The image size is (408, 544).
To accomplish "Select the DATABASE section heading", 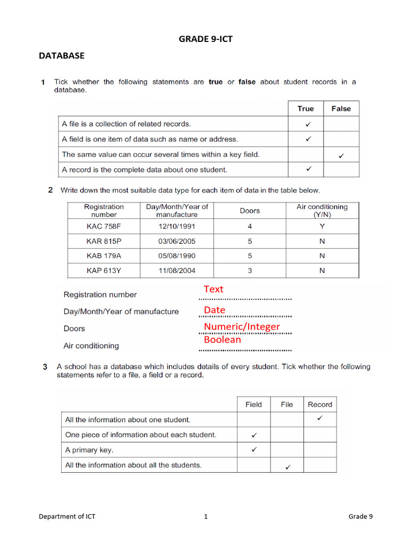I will [62, 55].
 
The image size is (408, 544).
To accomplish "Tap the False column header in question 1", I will [341, 108].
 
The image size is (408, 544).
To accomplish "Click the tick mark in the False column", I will [341, 156].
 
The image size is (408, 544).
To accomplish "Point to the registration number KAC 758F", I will [104, 226].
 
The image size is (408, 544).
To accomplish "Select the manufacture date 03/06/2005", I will [177, 241].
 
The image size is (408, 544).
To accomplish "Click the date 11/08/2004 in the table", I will [177, 270].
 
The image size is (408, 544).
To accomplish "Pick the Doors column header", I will [250, 210].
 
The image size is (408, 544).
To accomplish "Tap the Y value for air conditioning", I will [322, 226].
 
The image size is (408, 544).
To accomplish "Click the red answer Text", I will [214, 290].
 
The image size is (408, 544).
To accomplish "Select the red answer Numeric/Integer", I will [242, 326].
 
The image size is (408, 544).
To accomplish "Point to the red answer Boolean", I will [222, 339].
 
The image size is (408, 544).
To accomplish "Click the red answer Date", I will [215, 310].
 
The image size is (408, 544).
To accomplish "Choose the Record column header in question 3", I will [320, 404].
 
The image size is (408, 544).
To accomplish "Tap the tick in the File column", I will [287, 467].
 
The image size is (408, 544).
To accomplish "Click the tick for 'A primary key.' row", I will [253, 449].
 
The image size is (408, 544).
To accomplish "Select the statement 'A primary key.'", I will [89, 449].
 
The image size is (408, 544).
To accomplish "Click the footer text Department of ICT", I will [67, 516].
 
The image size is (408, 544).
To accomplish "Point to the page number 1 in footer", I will [206, 516].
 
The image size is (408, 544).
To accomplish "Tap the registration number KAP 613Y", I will [104, 270].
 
